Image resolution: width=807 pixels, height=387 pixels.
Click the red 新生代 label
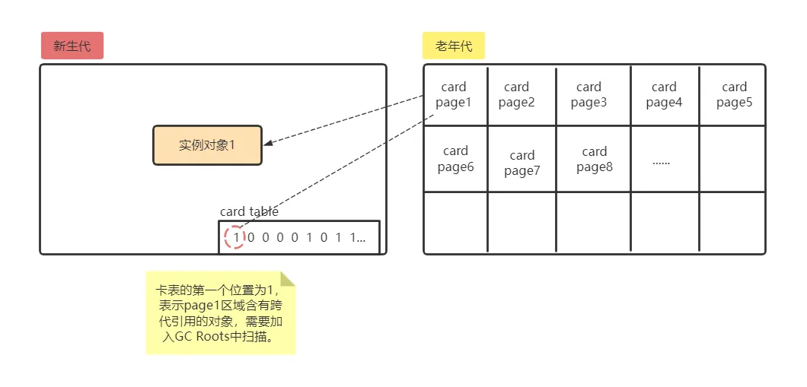pyautogui.click(x=72, y=46)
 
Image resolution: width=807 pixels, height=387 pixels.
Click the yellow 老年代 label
pyautogui.click(x=454, y=46)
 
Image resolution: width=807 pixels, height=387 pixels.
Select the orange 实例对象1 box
pyautogui.click(x=207, y=145)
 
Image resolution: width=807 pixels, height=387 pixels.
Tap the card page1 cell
pyautogui.click(x=455, y=95)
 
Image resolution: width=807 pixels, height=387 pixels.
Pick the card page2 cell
pyautogui.click(x=517, y=95)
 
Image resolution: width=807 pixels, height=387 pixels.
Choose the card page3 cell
pyautogui.click(x=589, y=95)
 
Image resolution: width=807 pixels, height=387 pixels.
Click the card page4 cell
pyautogui.click(x=664, y=95)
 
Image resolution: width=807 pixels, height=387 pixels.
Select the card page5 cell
pyautogui.click(x=734, y=95)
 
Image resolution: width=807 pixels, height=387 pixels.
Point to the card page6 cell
pyautogui.click(x=455, y=159)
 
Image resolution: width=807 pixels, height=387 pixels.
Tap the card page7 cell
pyautogui.click(x=522, y=163)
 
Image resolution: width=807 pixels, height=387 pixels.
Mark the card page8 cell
pyautogui.click(x=594, y=160)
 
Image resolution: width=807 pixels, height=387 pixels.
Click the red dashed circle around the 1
pyautogui.click(x=235, y=237)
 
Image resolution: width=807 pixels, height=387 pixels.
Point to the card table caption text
pyautogui.click(x=249, y=211)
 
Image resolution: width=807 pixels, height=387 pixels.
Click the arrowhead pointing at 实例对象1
pyautogui.click(x=268, y=142)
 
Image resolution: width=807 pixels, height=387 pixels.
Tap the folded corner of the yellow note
pyautogui.click(x=287, y=279)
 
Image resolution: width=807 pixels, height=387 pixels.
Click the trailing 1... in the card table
pyautogui.click(x=357, y=237)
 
